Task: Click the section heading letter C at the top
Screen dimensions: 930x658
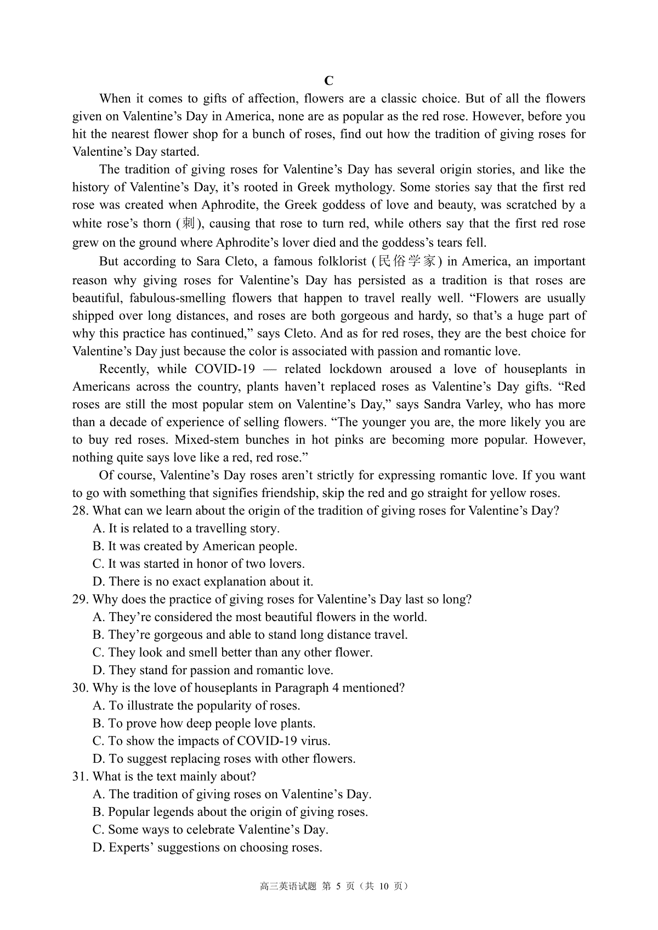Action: click(x=329, y=81)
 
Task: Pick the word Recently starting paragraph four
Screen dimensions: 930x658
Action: click(x=124, y=369)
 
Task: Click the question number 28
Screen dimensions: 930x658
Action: click(x=80, y=511)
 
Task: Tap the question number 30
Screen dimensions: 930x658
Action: click(x=80, y=688)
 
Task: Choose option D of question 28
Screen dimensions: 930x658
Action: click(x=203, y=582)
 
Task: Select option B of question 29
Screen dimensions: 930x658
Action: click(x=251, y=635)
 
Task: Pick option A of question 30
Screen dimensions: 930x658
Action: click(x=197, y=706)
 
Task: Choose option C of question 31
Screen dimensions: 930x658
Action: click(x=211, y=830)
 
